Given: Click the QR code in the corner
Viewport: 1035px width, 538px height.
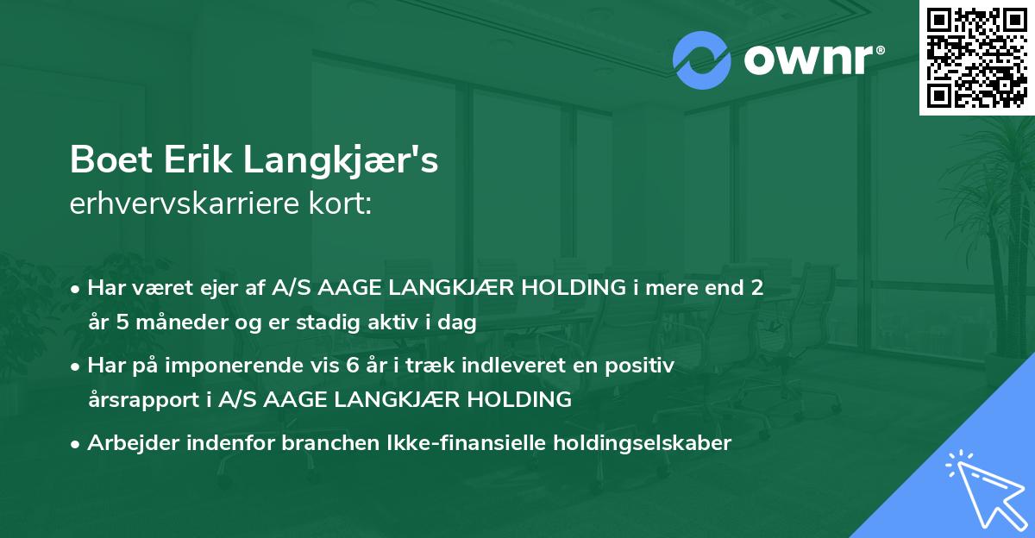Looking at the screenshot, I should [x=977, y=57].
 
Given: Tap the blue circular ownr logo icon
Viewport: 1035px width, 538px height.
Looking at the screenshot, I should [x=702, y=60].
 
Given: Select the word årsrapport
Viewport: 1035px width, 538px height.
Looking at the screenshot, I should [x=141, y=399].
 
